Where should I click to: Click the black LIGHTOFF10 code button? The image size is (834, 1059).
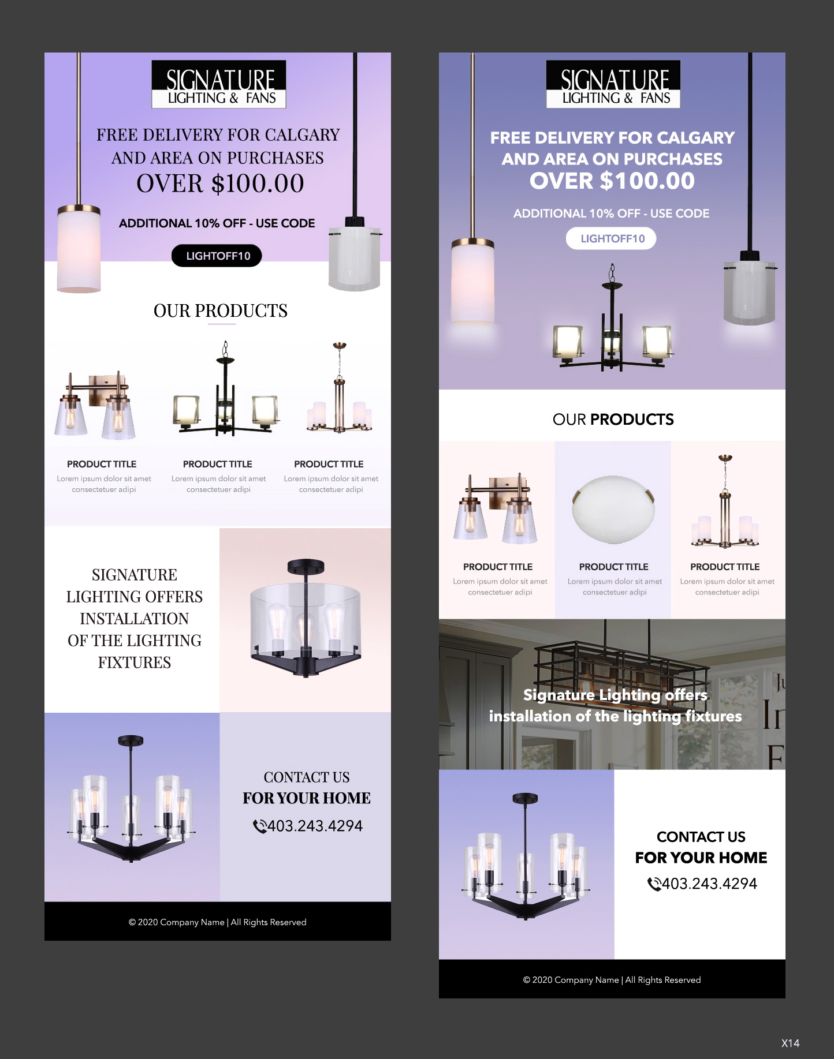pyautogui.click(x=217, y=256)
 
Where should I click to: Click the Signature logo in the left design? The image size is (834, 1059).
pyautogui.click(x=219, y=84)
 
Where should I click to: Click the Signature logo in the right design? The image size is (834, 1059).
pyautogui.click(x=613, y=84)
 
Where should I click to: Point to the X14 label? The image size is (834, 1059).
pyautogui.click(x=790, y=1043)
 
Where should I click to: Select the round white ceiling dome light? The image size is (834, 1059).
pyautogui.click(x=613, y=508)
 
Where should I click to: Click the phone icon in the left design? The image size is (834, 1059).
pyautogui.click(x=259, y=826)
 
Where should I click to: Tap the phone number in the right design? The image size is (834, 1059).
pyautogui.click(x=709, y=884)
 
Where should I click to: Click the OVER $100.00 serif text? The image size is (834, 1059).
pyautogui.click(x=220, y=184)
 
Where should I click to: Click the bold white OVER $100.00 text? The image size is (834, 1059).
pyautogui.click(x=612, y=181)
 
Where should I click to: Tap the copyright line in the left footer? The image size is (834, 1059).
pyautogui.click(x=218, y=922)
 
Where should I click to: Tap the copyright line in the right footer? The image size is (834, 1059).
pyautogui.click(x=612, y=980)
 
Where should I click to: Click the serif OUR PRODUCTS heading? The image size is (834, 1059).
pyautogui.click(x=220, y=310)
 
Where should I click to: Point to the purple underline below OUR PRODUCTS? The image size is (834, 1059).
pyautogui.click(x=222, y=324)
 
